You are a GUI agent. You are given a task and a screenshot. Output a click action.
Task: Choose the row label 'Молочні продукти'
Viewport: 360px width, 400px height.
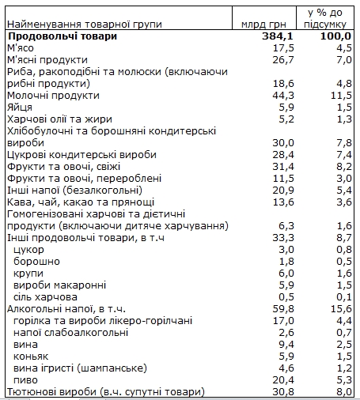pos(48,95)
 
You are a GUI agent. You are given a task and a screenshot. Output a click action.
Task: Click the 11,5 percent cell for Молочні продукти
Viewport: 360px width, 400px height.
pos(338,95)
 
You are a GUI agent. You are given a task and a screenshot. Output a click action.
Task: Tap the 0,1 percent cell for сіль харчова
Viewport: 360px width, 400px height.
pos(341,296)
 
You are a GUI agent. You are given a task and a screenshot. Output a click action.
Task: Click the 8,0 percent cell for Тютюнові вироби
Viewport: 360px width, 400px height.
pos(341,391)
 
